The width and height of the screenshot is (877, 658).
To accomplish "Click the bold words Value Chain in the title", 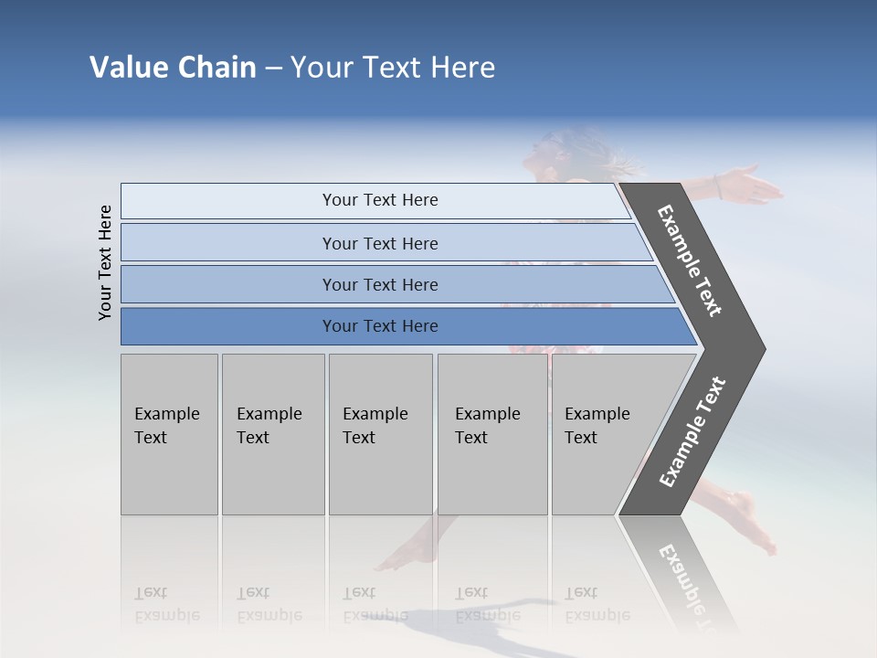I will click(x=173, y=68).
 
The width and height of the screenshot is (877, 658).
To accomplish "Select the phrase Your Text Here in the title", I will click(x=393, y=68).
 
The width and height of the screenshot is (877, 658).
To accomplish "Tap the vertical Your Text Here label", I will click(x=105, y=262).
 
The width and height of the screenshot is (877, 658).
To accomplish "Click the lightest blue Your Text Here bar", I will click(x=379, y=200).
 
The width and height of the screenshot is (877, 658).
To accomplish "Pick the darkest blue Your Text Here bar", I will click(x=379, y=326).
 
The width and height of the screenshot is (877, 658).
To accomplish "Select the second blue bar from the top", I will click(x=379, y=243).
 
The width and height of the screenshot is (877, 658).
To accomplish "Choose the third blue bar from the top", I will click(x=379, y=284).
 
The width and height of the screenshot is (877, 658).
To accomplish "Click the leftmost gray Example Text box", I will click(x=169, y=434).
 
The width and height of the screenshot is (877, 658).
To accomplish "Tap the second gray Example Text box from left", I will click(x=272, y=434).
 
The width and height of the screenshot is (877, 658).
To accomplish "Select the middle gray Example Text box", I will click(x=380, y=434).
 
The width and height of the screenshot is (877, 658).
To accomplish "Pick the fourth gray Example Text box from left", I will click(x=491, y=434).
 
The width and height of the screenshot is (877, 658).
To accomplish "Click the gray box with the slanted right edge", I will click(x=608, y=434).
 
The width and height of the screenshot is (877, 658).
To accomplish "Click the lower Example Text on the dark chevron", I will click(x=692, y=432).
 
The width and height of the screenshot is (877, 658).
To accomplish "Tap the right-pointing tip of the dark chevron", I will click(x=760, y=349).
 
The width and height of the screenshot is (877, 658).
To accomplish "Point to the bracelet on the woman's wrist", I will click(x=719, y=187).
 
